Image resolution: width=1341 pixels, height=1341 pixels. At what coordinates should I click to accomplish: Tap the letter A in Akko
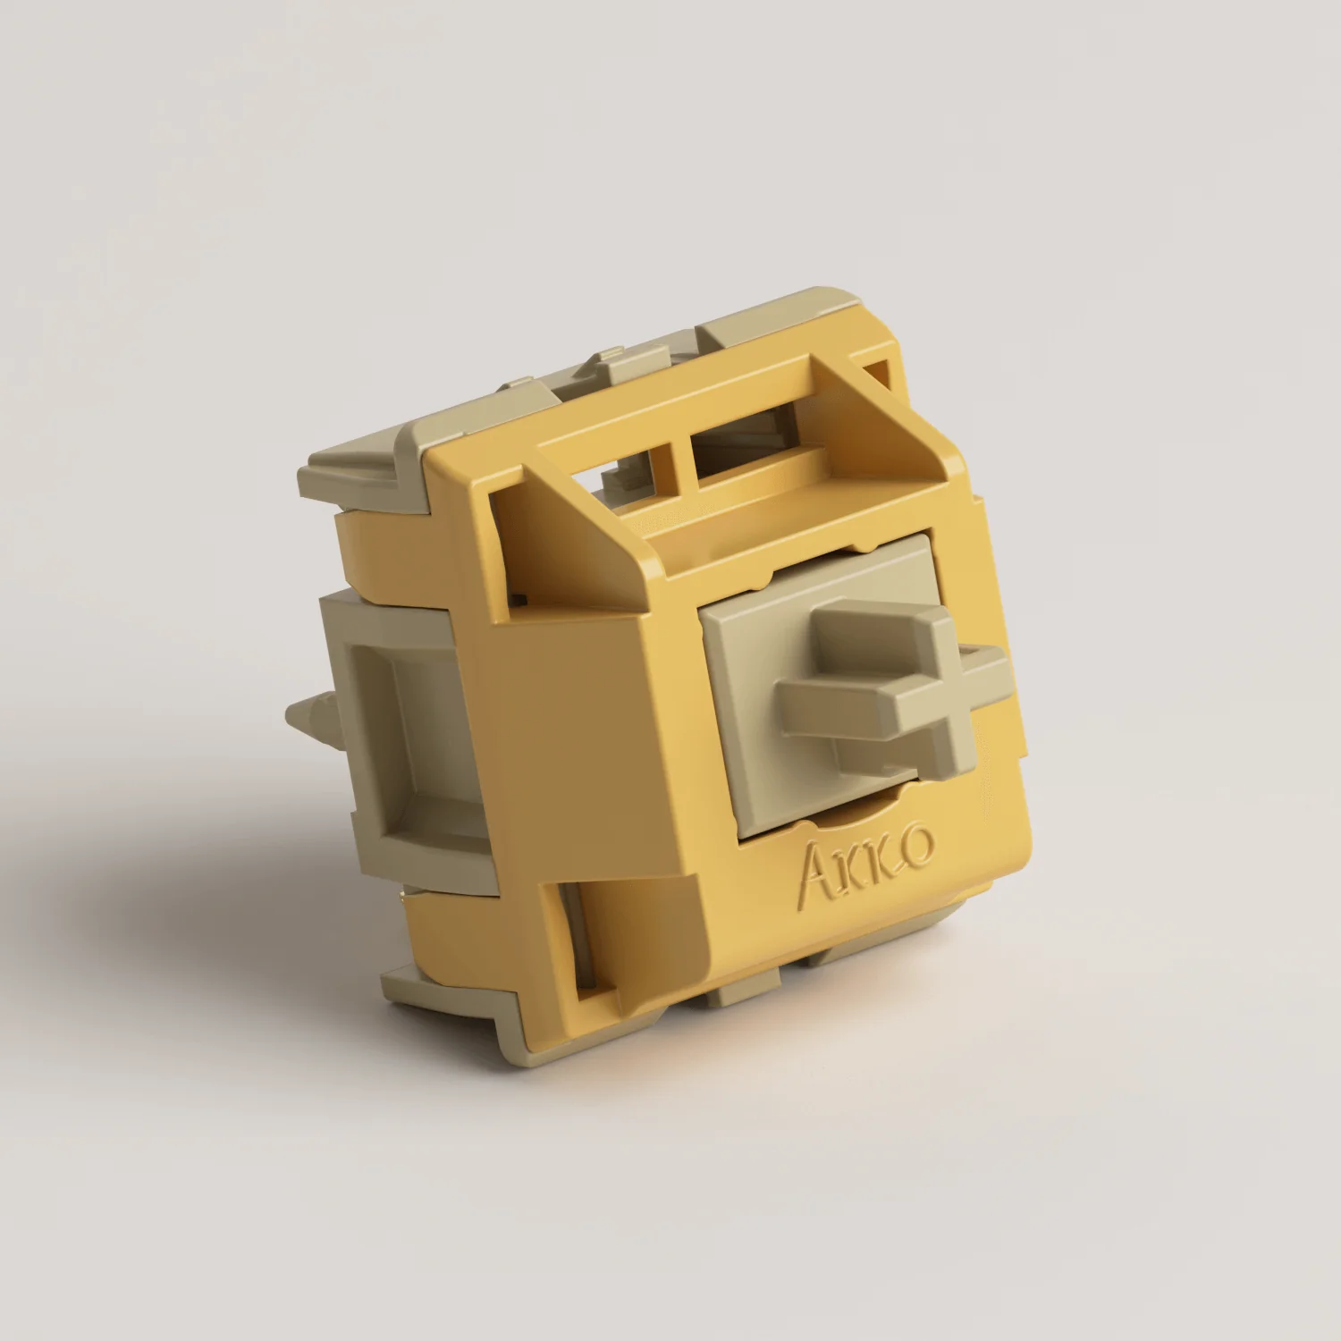pos(815,873)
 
